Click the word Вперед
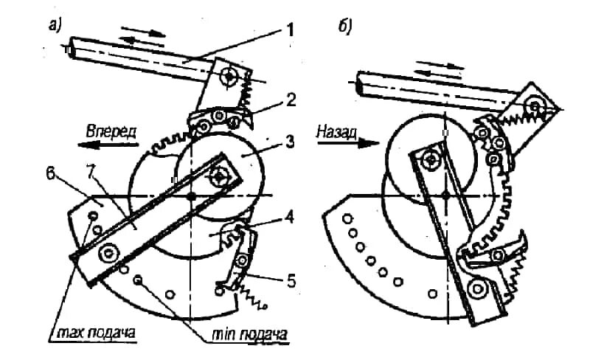111,129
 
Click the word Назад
337,129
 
